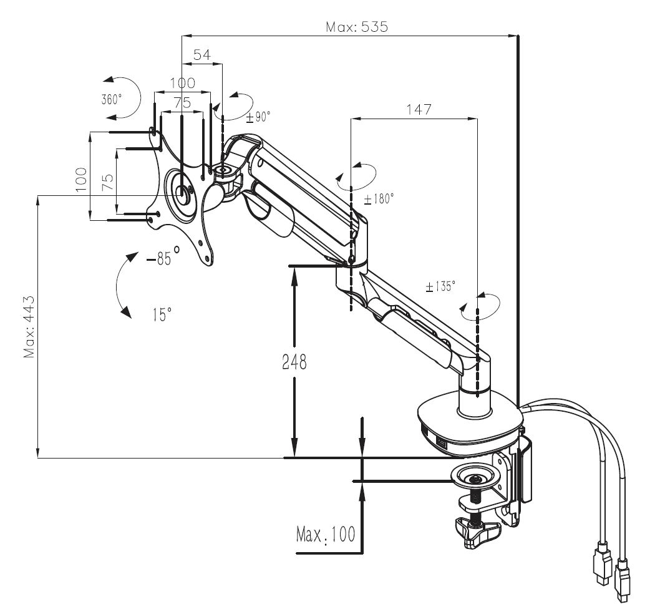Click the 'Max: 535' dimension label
(x=357, y=27)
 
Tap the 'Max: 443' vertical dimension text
(x=29, y=327)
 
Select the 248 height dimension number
(x=294, y=362)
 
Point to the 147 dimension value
(x=419, y=109)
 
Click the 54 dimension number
(x=202, y=55)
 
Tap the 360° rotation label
(x=112, y=99)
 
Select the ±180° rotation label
(x=379, y=199)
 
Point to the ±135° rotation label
(x=440, y=286)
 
